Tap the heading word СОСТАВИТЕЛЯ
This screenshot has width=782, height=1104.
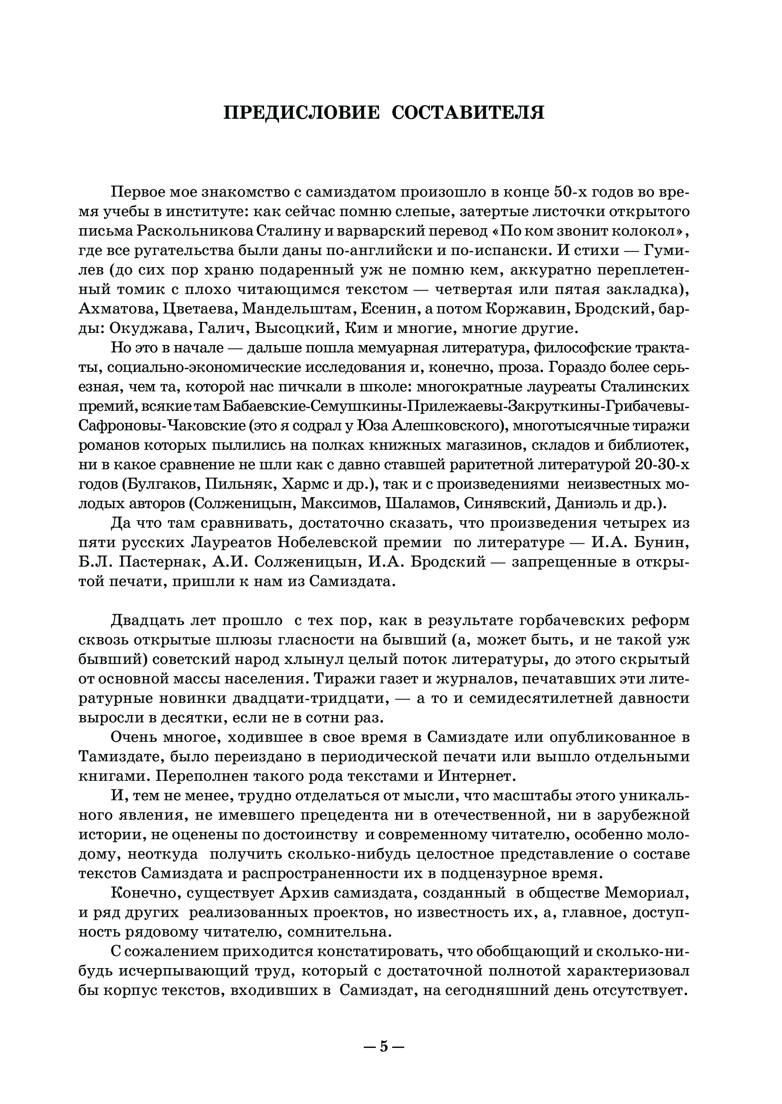coord(468,113)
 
